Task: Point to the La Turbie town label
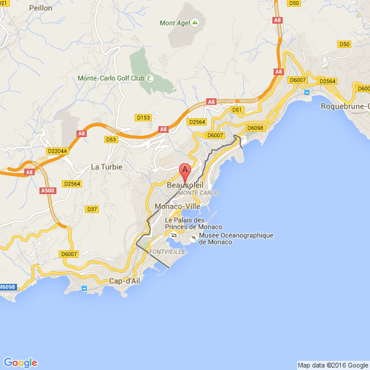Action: click(107, 167)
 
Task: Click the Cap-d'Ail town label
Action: click(124, 281)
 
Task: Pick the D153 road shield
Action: click(143, 117)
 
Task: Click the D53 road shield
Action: click(110, 140)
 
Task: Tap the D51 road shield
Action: click(237, 110)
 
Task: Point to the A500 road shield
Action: click(48, 190)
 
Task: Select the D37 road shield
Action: click(92, 209)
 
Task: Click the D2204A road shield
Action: click(57, 151)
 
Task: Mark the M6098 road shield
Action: click(7, 287)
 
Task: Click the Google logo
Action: click(20, 362)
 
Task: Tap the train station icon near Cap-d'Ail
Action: click(84, 289)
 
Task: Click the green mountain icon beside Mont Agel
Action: click(195, 23)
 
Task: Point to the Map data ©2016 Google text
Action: click(332, 365)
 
